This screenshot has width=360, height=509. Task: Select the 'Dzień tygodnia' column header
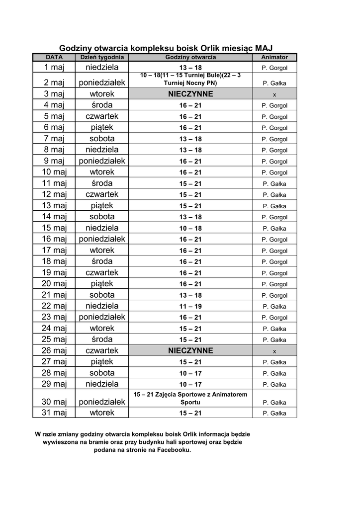102,58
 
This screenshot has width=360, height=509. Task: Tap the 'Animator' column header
274,58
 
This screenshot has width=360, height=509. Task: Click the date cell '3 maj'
54,94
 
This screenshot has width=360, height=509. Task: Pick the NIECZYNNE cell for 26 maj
190,351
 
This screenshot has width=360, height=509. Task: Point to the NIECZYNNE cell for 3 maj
190,94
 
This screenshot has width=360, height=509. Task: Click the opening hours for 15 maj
190,229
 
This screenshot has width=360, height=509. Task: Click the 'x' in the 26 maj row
274,351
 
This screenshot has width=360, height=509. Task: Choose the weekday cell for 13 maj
102,206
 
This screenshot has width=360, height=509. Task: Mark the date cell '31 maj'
54,413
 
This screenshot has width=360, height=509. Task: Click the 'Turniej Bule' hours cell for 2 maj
190,79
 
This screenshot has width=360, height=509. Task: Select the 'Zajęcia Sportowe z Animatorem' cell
190,398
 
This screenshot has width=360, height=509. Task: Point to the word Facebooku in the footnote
170,450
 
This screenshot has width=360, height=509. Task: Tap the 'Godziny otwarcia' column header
190,58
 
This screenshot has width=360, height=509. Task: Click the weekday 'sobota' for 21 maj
102,295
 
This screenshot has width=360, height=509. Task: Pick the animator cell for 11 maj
274,184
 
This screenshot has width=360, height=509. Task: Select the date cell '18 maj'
54,261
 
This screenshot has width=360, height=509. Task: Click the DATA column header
54,58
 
